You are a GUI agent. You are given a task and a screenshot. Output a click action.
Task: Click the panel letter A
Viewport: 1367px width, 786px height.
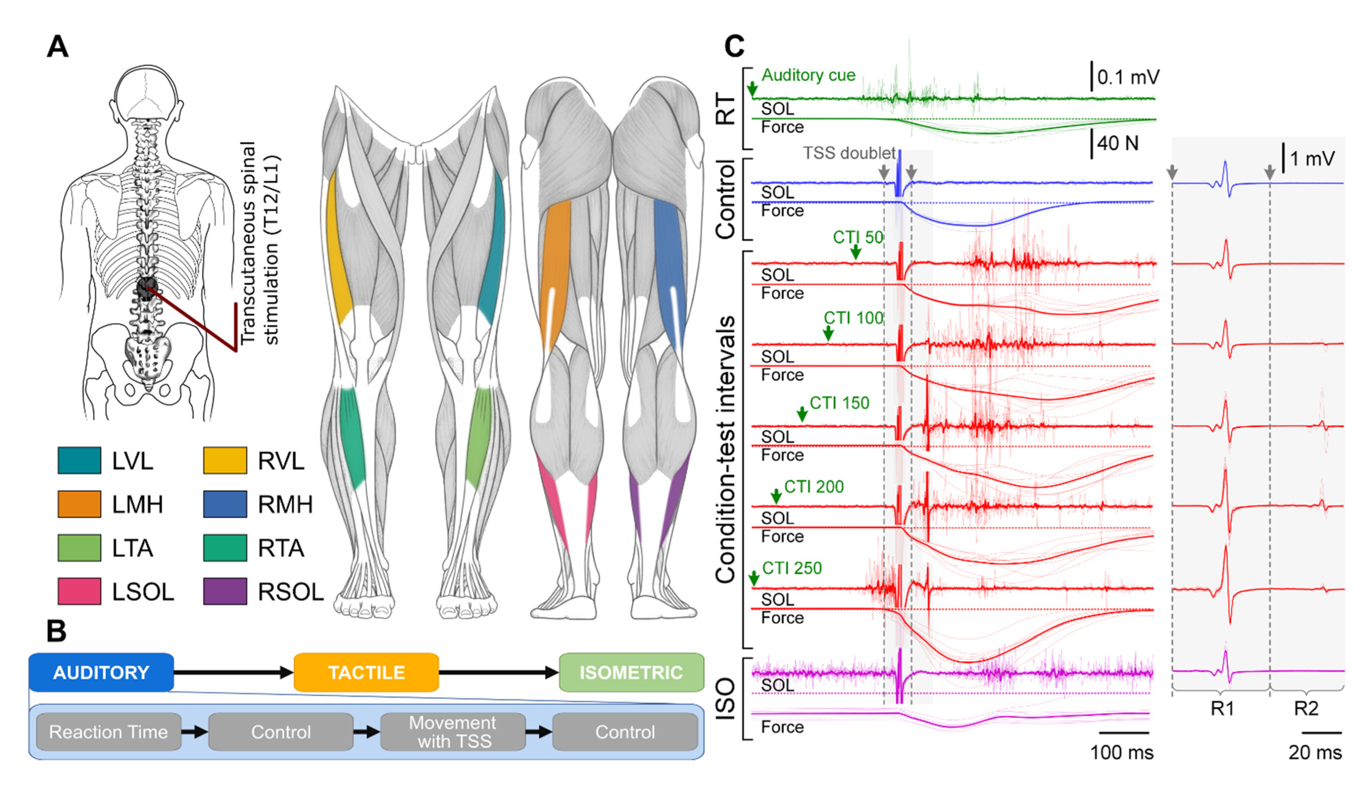pos(58,47)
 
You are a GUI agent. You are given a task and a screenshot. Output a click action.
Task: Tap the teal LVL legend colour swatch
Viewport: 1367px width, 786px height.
pos(79,460)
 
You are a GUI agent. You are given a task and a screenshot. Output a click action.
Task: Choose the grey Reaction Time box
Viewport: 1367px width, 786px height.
pos(109,732)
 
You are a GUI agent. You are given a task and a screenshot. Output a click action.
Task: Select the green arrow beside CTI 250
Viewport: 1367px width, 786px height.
pos(754,578)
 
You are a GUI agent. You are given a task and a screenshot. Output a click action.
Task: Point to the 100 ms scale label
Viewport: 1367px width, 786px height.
pos(1121,752)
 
